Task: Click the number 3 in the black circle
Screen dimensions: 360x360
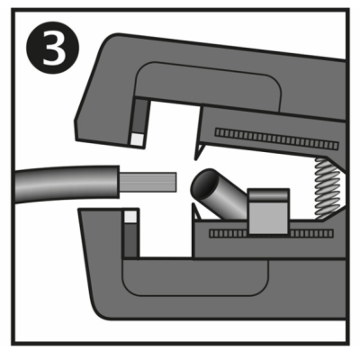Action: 54,48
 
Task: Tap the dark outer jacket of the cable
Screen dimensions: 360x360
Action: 66,184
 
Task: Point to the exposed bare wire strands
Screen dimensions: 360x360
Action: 148,182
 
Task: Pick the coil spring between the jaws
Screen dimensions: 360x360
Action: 328,188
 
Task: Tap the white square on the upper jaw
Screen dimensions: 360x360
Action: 138,139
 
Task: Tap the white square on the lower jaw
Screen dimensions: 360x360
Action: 130,217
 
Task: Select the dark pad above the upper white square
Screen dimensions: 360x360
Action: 140,116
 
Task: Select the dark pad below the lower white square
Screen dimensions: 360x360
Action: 130,240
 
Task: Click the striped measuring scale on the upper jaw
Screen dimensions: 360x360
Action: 276,139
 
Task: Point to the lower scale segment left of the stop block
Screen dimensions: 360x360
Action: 229,233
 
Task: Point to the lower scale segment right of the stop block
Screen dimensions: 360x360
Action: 311,233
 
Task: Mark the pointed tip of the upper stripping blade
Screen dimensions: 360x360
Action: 195,159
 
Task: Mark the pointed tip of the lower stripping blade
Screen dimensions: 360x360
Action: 193,204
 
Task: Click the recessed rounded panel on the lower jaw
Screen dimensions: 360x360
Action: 195,276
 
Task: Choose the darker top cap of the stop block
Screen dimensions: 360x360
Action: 268,194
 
